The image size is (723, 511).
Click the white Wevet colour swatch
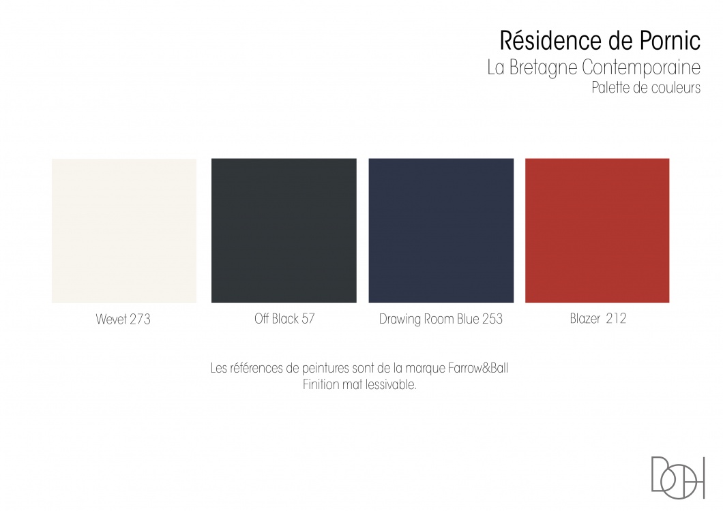[x=124, y=231]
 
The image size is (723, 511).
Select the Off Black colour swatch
[x=284, y=231]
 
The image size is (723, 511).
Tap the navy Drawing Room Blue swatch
[x=441, y=231]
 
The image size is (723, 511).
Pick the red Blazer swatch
[x=597, y=231]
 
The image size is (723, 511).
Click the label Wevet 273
[x=123, y=320]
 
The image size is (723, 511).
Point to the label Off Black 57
[x=284, y=319]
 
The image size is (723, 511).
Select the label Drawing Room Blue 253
[x=441, y=320]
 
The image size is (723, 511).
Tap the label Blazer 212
[x=598, y=319]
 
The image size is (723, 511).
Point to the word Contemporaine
[x=641, y=67]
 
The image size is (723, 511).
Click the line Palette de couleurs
[x=646, y=87]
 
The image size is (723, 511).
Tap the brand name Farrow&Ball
[x=478, y=369]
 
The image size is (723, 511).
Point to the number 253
[x=492, y=320]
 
